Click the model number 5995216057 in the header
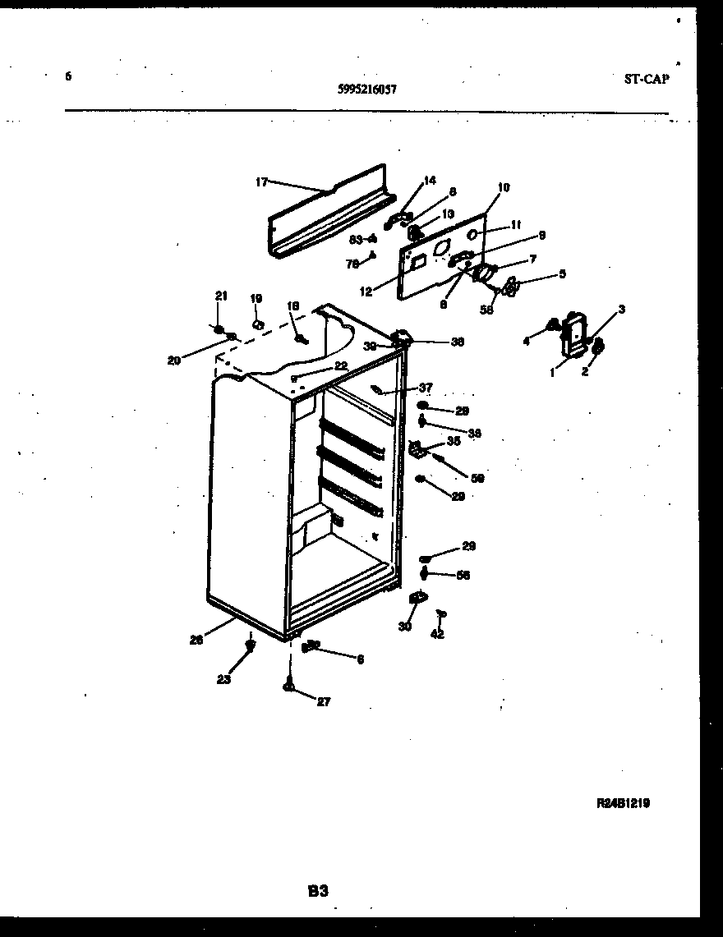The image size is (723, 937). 367,90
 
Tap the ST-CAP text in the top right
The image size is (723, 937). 646,79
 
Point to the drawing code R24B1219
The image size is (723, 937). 623,804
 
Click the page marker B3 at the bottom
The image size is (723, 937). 319,890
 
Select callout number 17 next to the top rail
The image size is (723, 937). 261,182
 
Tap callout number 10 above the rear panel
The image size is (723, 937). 504,187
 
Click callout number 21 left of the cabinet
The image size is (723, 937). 219,296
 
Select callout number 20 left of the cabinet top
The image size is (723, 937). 174,360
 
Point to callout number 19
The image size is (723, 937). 256,299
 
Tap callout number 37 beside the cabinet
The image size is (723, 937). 426,388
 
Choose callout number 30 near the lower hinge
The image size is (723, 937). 404,627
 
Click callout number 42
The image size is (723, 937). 437,634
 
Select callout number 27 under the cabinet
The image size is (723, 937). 324,702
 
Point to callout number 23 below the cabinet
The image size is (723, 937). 223,679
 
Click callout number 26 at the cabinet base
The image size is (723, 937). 196,641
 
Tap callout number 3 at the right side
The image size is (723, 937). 622,309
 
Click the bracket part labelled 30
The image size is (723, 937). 417,600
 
